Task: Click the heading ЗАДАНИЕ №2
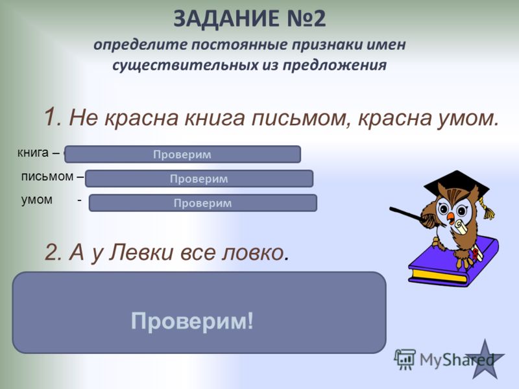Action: pos(250,19)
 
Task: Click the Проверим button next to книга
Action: pos(182,154)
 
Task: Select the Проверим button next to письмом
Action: pos(199,178)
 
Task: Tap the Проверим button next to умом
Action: pos(202,203)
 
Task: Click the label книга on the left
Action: pos(33,153)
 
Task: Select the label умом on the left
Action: pos(37,200)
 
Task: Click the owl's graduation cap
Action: pos(458,187)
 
